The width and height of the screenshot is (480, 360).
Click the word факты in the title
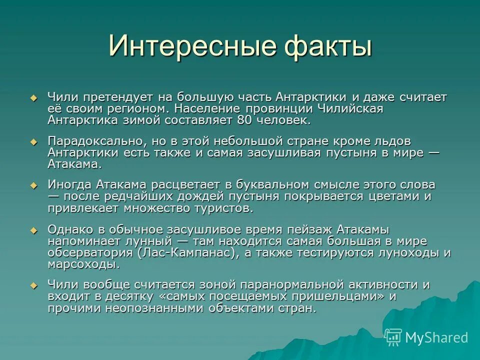pos(327,46)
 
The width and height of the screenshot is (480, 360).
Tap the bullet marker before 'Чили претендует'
pos(33,97)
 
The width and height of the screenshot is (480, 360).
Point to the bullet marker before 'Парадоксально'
pos(33,142)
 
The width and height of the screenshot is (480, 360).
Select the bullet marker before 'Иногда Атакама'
pos(33,185)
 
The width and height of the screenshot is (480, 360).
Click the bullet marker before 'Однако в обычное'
pos(33,230)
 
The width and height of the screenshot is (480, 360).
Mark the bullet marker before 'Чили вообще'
pos(33,285)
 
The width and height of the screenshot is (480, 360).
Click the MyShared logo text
pos(436,337)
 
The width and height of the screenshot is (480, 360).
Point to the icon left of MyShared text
pos(393,337)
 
